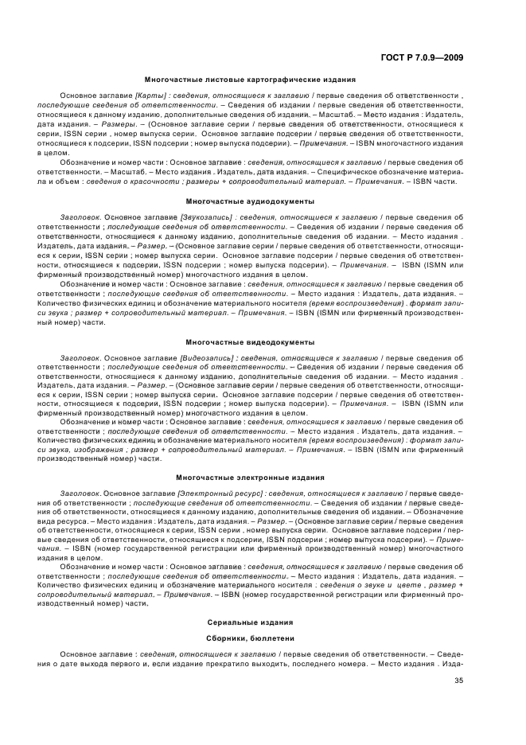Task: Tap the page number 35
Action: (x=458, y=681)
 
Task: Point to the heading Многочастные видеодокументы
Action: (x=250, y=342)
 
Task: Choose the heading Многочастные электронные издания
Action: (x=250, y=478)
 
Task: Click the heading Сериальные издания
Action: (x=250, y=621)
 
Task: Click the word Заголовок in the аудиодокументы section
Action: (x=80, y=217)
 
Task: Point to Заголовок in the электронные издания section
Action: (x=80, y=493)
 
